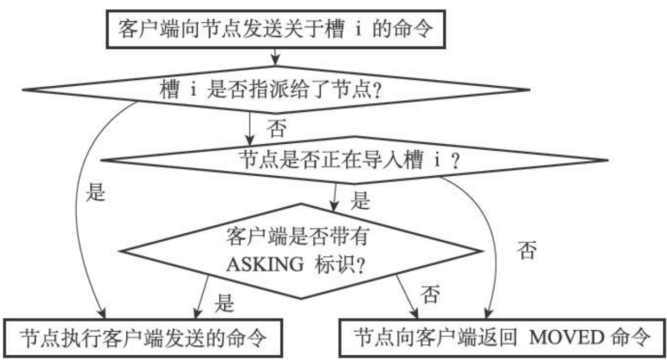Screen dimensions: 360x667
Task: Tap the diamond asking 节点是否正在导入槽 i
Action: click(x=352, y=159)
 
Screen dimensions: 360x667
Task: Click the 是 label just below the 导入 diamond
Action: click(x=360, y=201)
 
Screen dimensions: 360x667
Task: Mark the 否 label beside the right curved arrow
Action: click(x=526, y=250)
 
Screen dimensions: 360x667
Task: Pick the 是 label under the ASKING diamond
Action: click(x=224, y=304)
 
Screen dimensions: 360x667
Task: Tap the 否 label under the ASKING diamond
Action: click(x=430, y=294)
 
